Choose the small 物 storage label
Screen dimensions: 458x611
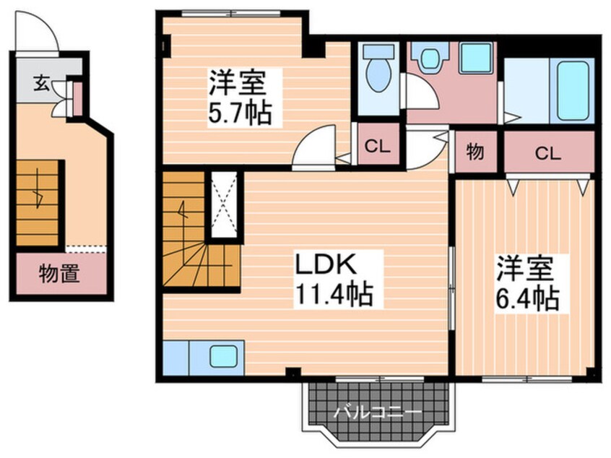[x=474, y=152]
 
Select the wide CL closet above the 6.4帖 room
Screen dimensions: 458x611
[x=549, y=152]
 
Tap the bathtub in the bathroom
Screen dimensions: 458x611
[x=573, y=90]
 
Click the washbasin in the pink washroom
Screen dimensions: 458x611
[x=431, y=58]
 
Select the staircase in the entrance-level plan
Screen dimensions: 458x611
[x=38, y=204]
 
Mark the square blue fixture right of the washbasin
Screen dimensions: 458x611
[x=475, y=58]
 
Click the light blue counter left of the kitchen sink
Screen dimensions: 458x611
[x=176, y=357]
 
